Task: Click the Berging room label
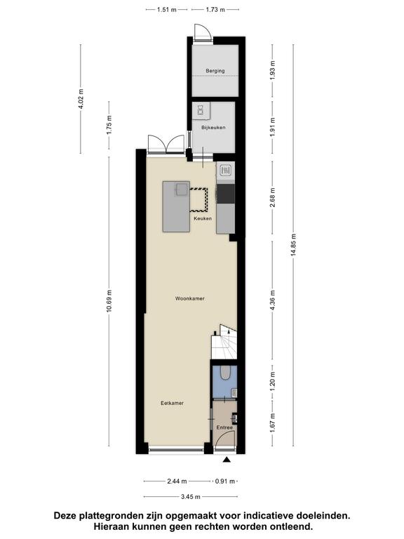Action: pyautogui.click(x=215, y=71)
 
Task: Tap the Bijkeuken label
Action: pyautogui.click(x=213, y=128)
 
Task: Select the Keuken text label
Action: pyautogui.click(x=203, y=219)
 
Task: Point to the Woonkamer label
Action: pyautogui.click(x=190, y=298)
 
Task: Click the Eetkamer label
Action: pyautogui.click(x=172, y=403)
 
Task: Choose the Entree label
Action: pyautogui.click(x=224, y=427)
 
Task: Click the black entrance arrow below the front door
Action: pyautogui.click(x=227, y=460)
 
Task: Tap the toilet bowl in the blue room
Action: pyautogui.click(x=225, y=373)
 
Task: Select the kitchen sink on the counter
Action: pyautogui.click(x=226, y=170)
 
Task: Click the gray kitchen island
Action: pyautogui.click(x=176, y=206)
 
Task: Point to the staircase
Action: pyautogui.click(x=224, y=342)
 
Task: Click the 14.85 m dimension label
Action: pyautogui.click(x=293, y=245)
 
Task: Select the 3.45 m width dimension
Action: pyautogui.click(x=191, y=497)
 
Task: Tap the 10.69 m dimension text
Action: pyautogui.click(x=109, y=301)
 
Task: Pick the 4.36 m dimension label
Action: pyautogui.click(x=273, y=300)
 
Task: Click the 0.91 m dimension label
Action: pyautogui.click(x=225, y=481)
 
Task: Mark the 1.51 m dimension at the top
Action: pyautogui.click(x=167, y=10)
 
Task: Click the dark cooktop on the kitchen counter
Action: pyautogui.click(x=226, y=194)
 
